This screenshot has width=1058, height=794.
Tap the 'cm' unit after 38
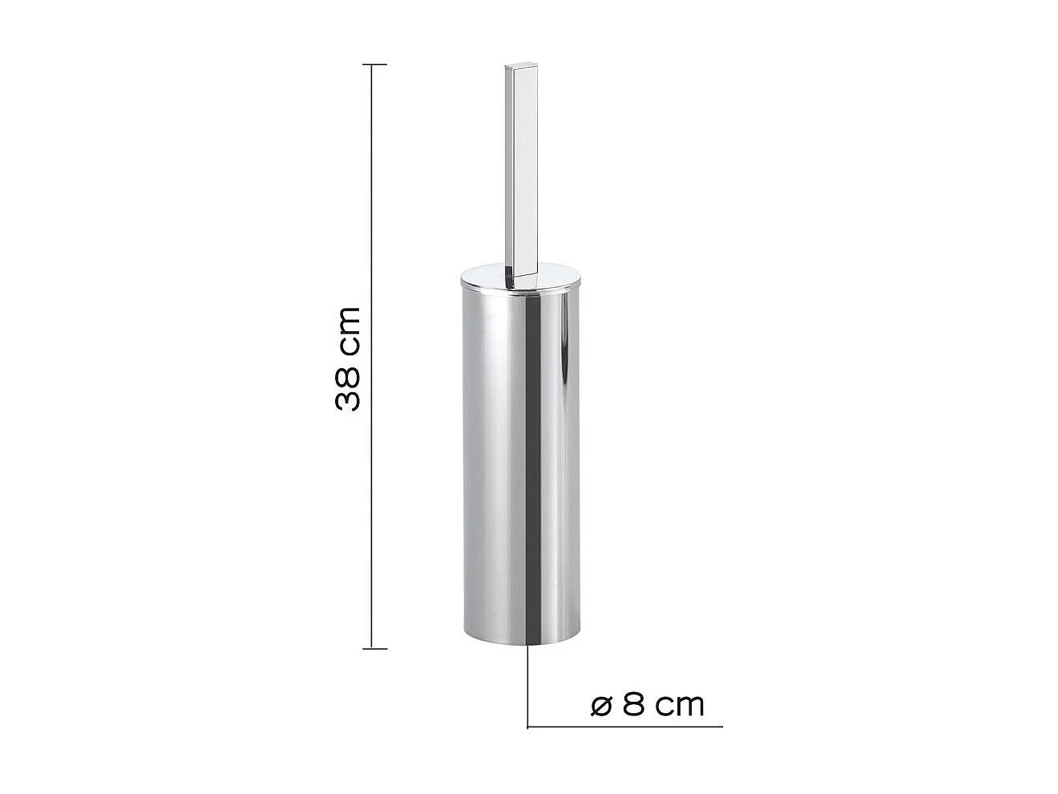349,330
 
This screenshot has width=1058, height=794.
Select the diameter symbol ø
601,705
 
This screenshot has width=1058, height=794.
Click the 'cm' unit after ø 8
679,705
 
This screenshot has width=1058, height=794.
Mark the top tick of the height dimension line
374,64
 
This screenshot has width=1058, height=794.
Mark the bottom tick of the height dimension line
374,648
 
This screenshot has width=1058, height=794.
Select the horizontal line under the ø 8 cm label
625,727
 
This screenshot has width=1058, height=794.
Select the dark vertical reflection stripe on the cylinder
530,465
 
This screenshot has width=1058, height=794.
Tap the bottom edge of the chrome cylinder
521,642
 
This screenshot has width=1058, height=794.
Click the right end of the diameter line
721,727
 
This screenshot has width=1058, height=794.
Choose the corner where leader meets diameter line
527,727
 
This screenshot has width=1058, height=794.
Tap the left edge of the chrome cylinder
462,465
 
